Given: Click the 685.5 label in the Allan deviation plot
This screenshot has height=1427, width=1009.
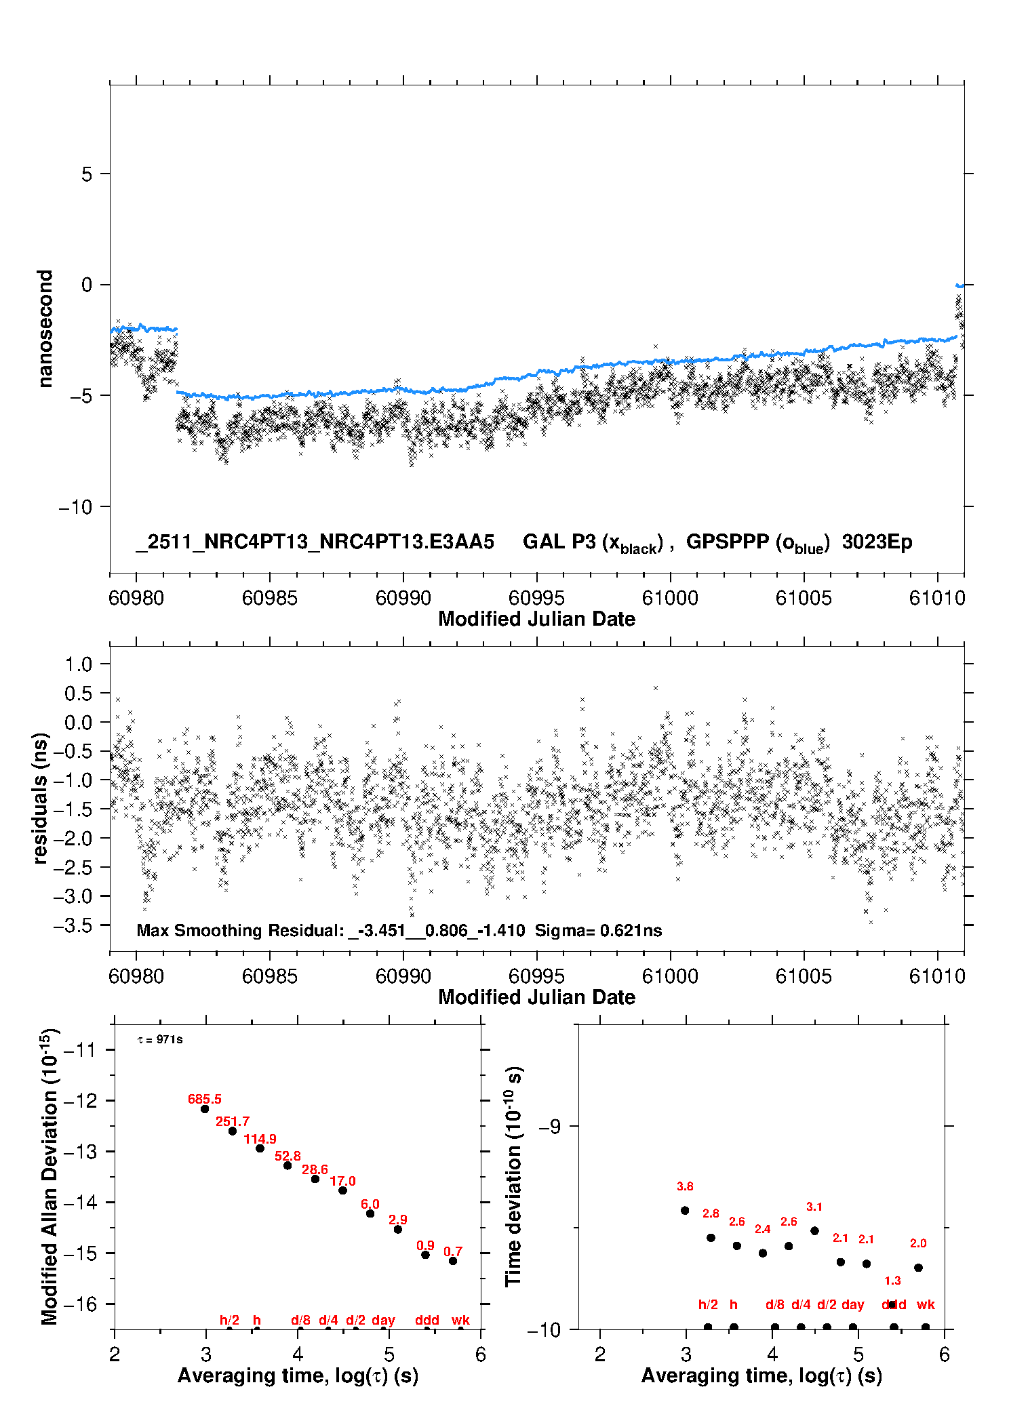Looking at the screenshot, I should coord(204,1099).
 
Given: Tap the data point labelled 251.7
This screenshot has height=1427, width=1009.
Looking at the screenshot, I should coord(233,1131).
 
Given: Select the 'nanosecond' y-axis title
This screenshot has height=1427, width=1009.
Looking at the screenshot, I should coord(45,329).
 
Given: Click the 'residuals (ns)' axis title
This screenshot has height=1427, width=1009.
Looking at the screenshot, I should coord(41,798).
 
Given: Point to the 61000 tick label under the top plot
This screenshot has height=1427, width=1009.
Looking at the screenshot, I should coord(670,598).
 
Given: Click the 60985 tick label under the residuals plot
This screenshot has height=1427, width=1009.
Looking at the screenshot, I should coord(270,976).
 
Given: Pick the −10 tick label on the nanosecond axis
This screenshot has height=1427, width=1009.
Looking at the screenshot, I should coord(75,507).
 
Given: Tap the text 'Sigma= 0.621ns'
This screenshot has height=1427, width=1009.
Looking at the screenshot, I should coord(598,930).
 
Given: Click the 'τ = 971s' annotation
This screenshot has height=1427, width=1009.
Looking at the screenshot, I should coord(160,1040).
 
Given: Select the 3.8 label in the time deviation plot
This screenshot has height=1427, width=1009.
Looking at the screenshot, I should coord(685,1186).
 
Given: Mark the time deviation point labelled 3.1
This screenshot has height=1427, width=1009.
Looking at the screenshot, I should coord(814,1230).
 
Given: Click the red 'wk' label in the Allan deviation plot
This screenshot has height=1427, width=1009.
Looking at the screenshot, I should coord(460,1320).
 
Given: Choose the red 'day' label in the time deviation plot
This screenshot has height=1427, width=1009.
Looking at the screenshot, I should coord(852,1304).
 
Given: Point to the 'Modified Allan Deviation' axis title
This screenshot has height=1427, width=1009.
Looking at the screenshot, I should coord(50,1177).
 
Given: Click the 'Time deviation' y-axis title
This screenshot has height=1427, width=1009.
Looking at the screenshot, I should coord(513,1177).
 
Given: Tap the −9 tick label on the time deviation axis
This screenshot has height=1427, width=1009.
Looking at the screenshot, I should coord(549,1126).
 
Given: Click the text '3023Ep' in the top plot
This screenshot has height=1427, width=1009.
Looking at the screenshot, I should coord(877,542).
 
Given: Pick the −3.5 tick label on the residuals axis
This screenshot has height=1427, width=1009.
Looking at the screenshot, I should coord(73,925).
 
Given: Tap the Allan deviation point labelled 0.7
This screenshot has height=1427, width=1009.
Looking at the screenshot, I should coord(453,1261).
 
